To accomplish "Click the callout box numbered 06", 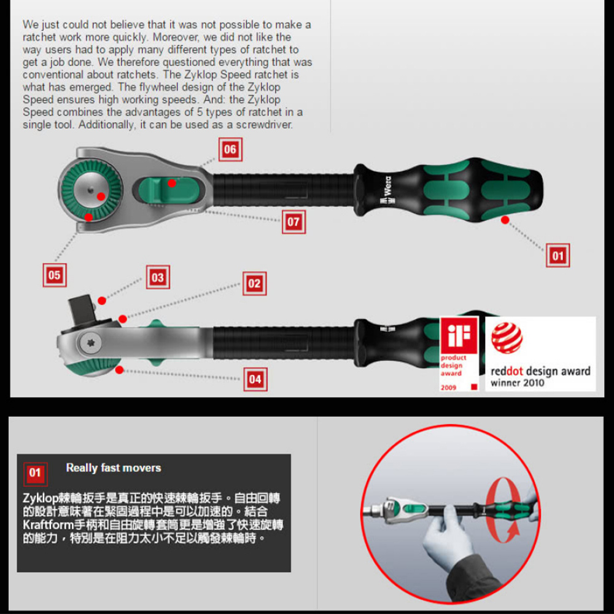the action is click(x=230, y=149).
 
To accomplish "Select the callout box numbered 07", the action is click(x=293, y=222).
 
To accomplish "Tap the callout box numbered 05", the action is click(x=55, y=275).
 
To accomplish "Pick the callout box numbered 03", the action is click(x=158, y=278).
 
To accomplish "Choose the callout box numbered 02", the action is click(x=255, y=283).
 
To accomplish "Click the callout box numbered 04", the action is click(x=255, y=379).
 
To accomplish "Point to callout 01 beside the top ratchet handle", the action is click(x=558, y=255).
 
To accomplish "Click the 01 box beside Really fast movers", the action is click(x=36, y=473).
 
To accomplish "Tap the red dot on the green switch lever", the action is click(x=171, y=183).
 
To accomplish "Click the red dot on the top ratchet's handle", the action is click(x=505, y=220).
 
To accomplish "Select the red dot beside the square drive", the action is click(x=102, y=301).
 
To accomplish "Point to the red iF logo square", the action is click(x=459, y=335).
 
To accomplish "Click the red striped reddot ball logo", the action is click(x=507, y=338).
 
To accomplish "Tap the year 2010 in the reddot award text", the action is click(x=533, y=383).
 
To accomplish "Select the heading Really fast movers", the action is click(x=114, y=467).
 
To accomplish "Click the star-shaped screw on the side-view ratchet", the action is click(x=91, y=343).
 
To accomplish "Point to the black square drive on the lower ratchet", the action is click(x=82, y=309).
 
